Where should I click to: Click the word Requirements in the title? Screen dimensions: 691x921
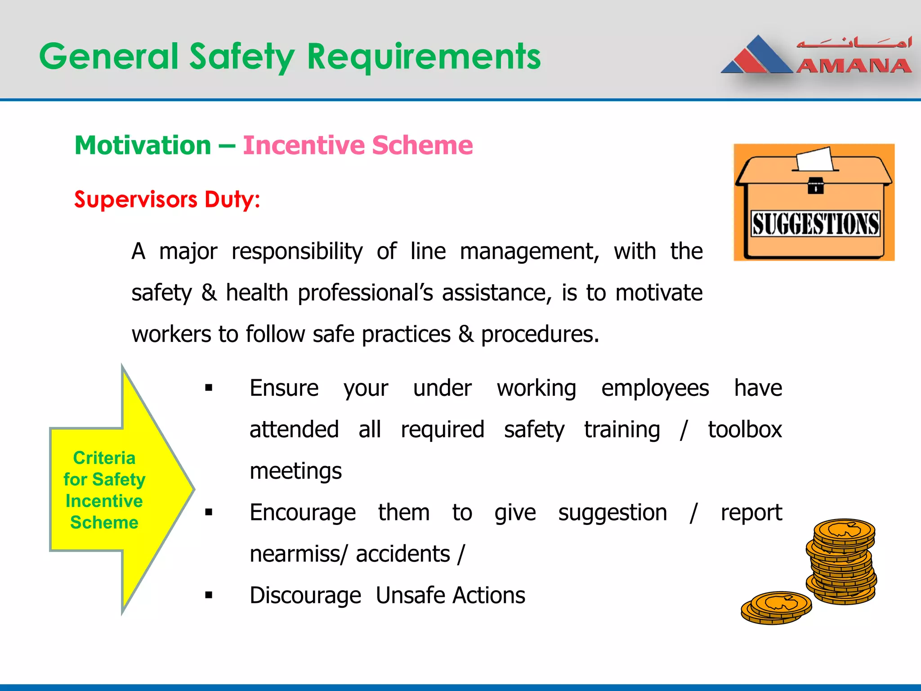point(424,57)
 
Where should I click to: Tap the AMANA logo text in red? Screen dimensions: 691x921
point(854,67)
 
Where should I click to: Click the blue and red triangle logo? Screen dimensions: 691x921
point(756,56)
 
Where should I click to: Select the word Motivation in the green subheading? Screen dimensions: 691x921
point(143,145)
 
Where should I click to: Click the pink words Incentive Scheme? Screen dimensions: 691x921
point(358,145)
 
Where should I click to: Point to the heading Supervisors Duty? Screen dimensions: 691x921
point(167,199)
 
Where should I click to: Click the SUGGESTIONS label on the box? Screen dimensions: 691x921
point(815,224)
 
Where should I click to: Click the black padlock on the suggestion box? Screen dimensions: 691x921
point(815,185)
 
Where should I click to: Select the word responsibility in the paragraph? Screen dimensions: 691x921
point(297,251)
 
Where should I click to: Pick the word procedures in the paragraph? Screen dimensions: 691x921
point(540,334)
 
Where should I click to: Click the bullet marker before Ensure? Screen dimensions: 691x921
point(208,388)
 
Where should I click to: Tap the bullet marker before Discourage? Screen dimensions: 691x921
point(208,595)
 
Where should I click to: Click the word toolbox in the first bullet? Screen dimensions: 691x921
point(745,429)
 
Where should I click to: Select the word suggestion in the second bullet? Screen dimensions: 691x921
point(613,512)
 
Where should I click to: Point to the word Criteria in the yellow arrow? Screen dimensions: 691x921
point(104,458)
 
